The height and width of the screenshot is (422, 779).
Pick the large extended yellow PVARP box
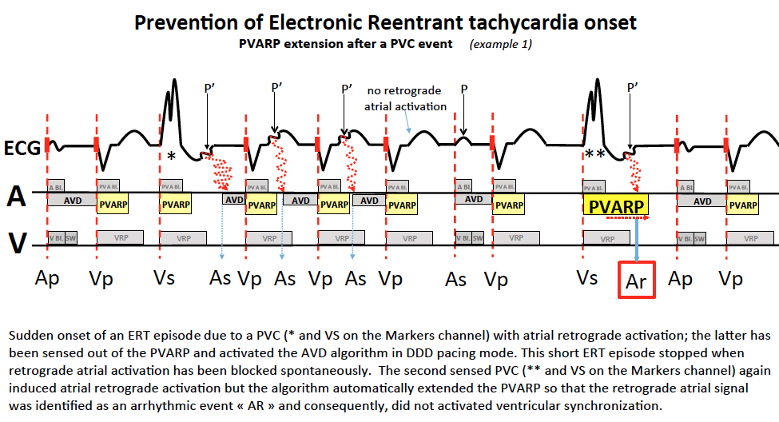[x=616, y=206]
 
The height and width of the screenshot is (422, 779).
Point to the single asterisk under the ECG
[x=171, y=157]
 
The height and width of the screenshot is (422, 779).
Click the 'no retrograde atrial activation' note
[x=405, y=98]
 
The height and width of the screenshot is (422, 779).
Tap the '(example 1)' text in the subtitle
[x=500, y=44]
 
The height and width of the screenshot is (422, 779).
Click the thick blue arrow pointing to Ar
[x=637, y=239]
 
